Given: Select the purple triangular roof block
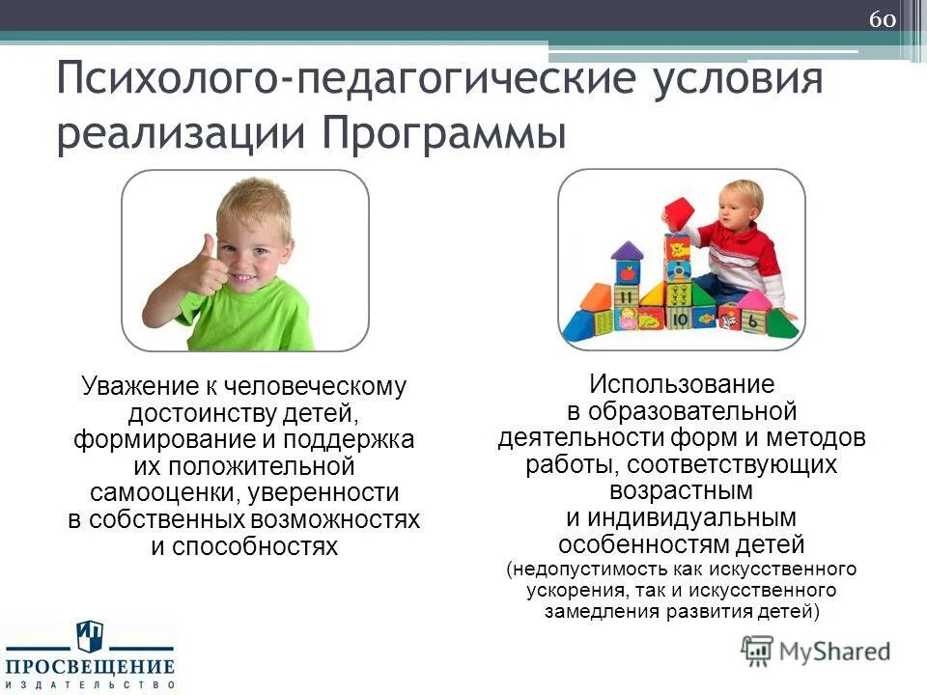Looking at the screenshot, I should (627, 252).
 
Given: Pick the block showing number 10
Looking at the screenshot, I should (680, 317).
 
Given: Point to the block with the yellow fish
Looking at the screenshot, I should (706, 317).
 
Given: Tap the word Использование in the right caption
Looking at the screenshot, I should (681, 384).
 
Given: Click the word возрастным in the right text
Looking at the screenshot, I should (681, 490).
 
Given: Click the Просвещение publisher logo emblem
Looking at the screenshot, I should (89, 637).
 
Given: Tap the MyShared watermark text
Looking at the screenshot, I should (830, 651).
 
